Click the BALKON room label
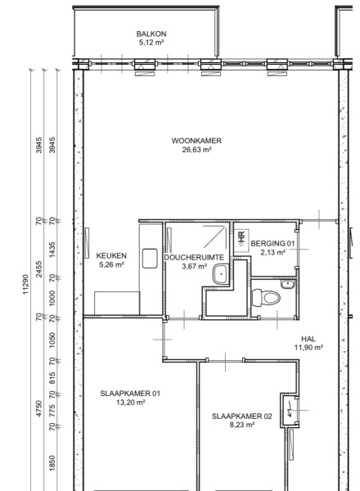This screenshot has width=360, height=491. coord(151,34)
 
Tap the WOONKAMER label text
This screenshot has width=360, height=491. coord(196,141)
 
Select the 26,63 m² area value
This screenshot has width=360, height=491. coord(196,150)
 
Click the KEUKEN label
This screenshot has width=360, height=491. coord(111,256)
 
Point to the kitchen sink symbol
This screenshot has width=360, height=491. coord(150,259)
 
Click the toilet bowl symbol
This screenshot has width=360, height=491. coord(266,298)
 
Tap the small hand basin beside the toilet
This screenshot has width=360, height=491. coord(288,285)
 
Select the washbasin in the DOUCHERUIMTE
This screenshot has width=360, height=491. coord(222,274)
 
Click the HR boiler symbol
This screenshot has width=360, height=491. coord(241,239)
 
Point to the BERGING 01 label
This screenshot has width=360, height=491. coord(272,243)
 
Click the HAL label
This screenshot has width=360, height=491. coord(308,339)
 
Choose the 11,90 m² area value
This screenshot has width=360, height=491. coord(308,348)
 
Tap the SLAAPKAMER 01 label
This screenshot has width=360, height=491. coord(130,394)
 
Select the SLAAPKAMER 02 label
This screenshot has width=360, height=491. coord(242,417)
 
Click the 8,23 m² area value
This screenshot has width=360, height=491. coord(242,425)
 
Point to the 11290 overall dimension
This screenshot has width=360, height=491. coord(25,284)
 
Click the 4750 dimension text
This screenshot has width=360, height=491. coord(38,408)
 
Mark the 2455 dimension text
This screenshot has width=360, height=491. coord(38,269)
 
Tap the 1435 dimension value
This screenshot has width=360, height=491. coord(52,250)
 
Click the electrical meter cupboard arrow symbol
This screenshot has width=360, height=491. coord(290,410)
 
